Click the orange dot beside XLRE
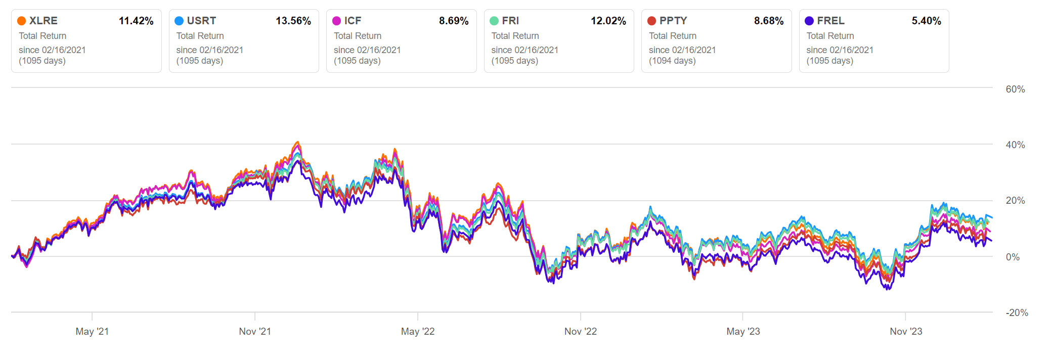pyautogui.click(x=22, y=21)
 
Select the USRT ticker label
pyautogui.click(x=201, y=21)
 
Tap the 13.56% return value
pyautogui.click(x=293, y=21)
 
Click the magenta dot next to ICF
pyautogui.click(x=336, y=21)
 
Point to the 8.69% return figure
pyautogui.click(x=454, y=21)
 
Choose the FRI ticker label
pyautogui.click(x=510, y=21)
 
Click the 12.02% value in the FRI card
pyautogui.click(x=608, y=21)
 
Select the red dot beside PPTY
pyautogui.click(x=652, y=21)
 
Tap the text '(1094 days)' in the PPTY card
pyautogui.click(x=672, y=61)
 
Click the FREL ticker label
pyautogui.click(x=830, y=21)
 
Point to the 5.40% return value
pyautogui.click(x=926, y=21)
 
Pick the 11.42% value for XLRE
pyautogui.click(x=136, y=21)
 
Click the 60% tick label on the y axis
pyautogui.click(x=1015, y=89)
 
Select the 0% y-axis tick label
pyautogui.click(x=1013, y=257)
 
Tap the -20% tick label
pyautogui.click(x=1017, y=312)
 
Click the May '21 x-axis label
pyautogui.click(x=92, y=331)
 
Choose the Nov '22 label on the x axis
pyautogui.click(x=581, y=331)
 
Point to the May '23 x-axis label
pyautogui.click(x=743, y=331)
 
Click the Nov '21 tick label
pyautogui.click(x=255, y=331)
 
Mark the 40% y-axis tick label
pyautogui.click(x=1015, y=145)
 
